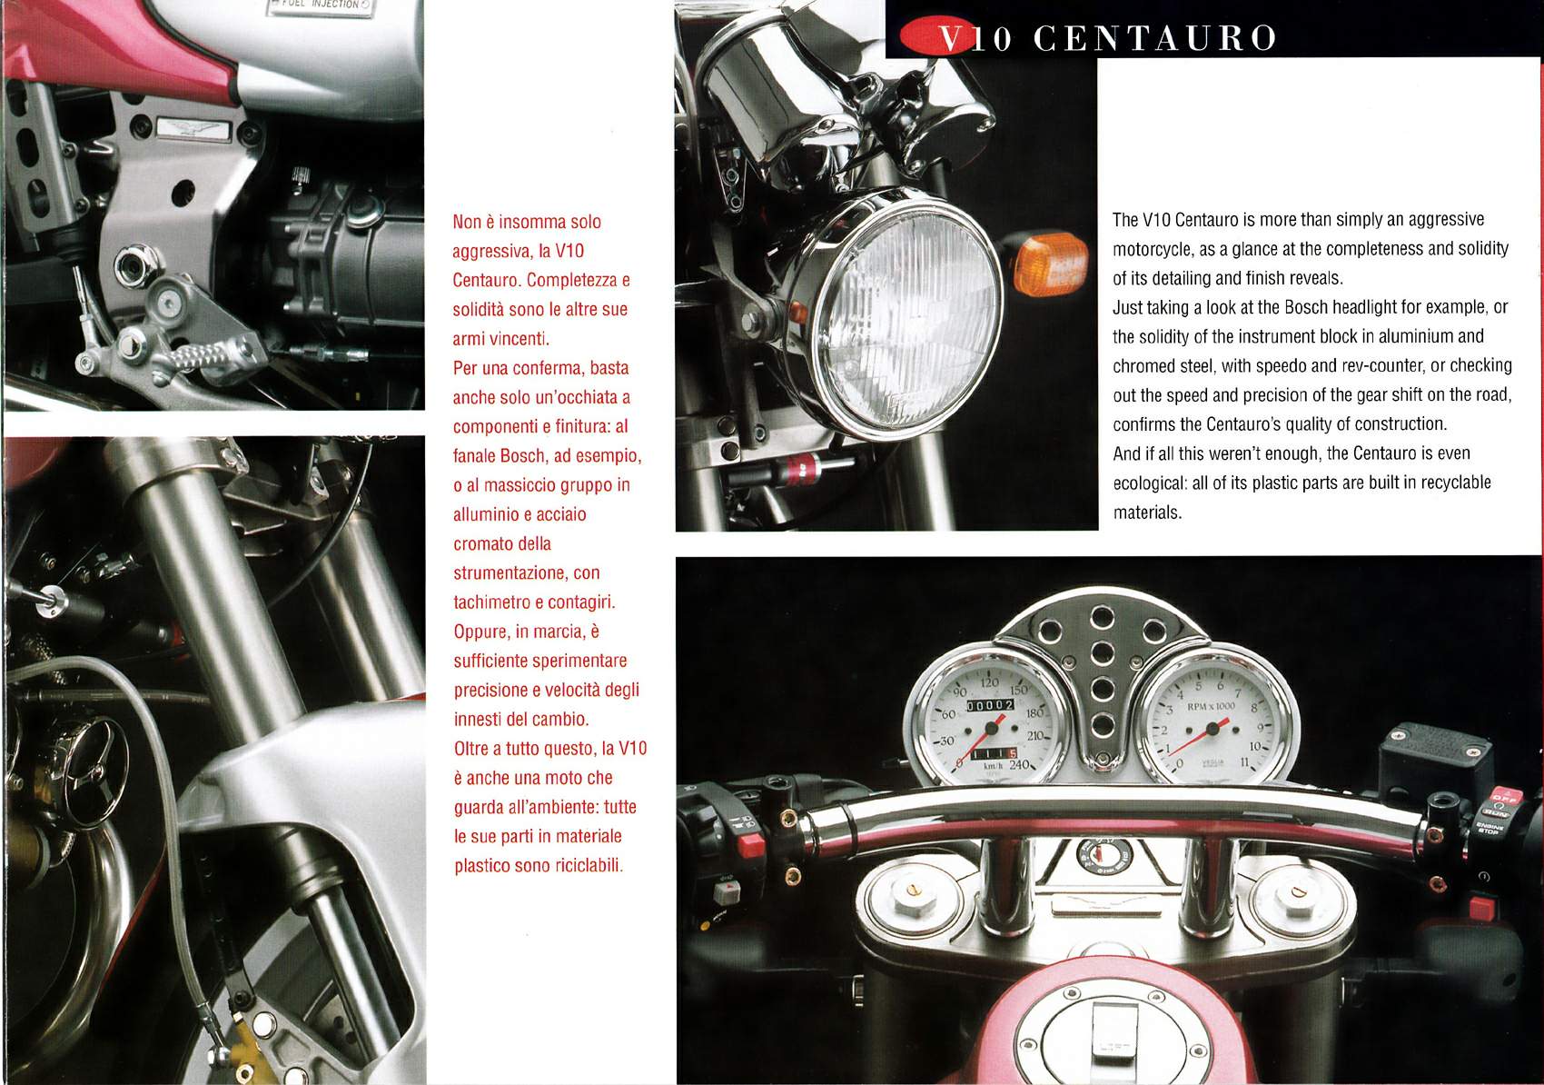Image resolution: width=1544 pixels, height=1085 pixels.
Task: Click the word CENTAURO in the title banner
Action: click(x=1155, y=38)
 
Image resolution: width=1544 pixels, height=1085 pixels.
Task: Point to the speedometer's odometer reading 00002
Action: click(x=991, y=705)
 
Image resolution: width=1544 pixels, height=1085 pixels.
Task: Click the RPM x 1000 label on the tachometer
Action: click(x=1211, y=706)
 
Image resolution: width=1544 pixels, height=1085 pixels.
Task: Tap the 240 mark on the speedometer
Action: click(x=1019, y=764)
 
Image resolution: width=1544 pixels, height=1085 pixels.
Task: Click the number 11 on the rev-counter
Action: click(x=1244, y=762)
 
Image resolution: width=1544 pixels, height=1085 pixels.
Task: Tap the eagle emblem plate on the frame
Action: click(x=193, y=129)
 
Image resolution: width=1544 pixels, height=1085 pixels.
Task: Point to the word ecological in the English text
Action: click(x=1149, y=483)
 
